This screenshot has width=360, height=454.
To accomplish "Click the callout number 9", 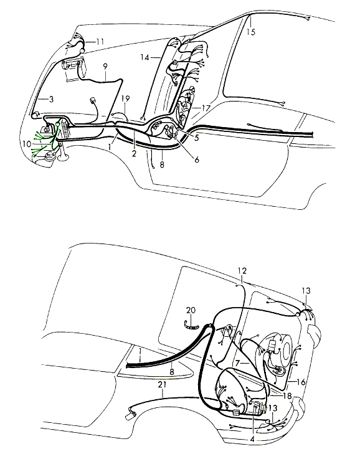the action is click(105, 67).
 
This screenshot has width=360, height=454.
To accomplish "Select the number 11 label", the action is click(100, 42).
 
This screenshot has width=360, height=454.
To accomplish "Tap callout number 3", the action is click(51, 99).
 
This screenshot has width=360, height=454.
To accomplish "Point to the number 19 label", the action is click(125, 99).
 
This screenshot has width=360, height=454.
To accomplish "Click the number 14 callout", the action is click(145, 58).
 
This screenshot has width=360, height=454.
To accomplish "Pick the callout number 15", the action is click(251, 32).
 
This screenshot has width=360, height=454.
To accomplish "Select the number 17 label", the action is click(206, 108).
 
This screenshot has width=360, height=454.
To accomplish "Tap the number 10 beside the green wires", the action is click(27, 144).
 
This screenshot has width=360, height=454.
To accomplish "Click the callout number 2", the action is click(134, 153).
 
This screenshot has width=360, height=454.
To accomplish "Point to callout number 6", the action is click(197, 159).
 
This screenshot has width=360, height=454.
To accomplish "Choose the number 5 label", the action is click(197, 138).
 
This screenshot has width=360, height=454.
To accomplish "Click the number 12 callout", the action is click(242, 271).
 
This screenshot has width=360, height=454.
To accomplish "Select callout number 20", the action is click(191, 310).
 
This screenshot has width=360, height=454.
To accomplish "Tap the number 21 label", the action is click(162, 384).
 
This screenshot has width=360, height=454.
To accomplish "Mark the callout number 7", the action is click(237, 363).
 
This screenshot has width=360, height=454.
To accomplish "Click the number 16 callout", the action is click(301, 382).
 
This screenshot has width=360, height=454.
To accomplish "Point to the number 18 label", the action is click(287, 396).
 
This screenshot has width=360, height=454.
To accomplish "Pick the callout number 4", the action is click(252, 439).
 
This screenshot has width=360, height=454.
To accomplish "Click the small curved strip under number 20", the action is click(191, 326).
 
